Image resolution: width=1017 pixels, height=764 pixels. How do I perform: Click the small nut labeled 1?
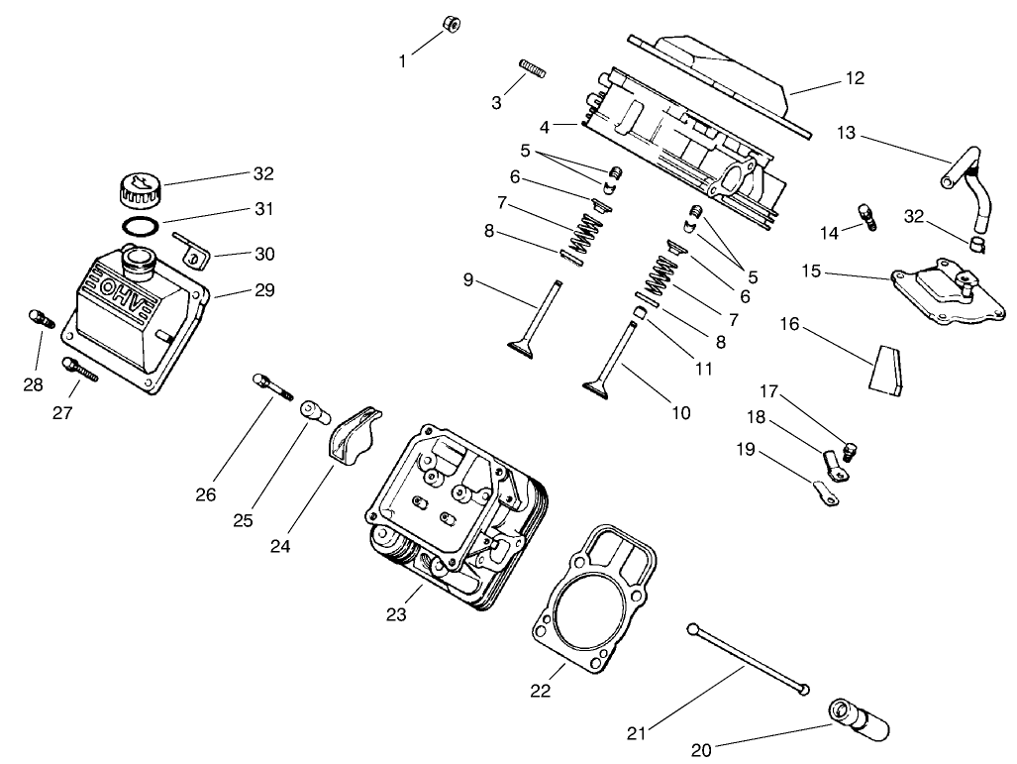447,25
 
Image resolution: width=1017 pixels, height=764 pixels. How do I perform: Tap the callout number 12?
855,78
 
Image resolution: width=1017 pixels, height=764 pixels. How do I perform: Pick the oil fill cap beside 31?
138,187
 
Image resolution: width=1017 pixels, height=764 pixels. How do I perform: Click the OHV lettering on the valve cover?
117,295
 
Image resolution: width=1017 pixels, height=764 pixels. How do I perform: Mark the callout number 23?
396,615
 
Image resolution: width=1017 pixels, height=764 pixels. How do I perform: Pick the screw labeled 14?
868,216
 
